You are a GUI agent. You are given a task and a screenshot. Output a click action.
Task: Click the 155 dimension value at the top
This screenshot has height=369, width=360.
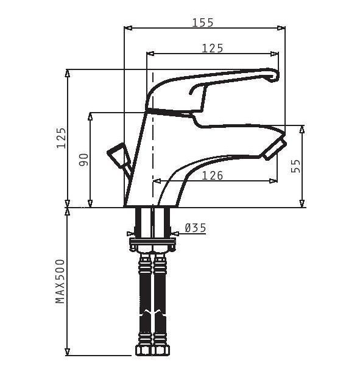pyautogui.click(x=203, y=23)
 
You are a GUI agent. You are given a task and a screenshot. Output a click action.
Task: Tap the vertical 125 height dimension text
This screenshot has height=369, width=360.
pyautogui.click(x=61, y=138)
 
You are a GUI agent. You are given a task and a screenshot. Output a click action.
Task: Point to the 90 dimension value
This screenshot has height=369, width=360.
pyautogui.click(x=83, y=160)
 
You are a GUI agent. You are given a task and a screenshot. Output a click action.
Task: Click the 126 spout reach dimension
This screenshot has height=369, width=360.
pyautogui.click(x=213, y=175)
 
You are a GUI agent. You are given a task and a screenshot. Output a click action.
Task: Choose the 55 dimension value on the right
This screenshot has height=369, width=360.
pyautogui.click(x=295, y=166)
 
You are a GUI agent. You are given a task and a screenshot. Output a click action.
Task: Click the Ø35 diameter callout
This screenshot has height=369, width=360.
pyautogui.click(x=196, y=228)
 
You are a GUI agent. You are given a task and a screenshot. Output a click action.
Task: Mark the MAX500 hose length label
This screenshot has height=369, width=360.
pyautogui.click(x=60, y=281)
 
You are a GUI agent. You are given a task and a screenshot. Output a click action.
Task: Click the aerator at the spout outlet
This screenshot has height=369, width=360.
pyautogui.click(x=275, y=150)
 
